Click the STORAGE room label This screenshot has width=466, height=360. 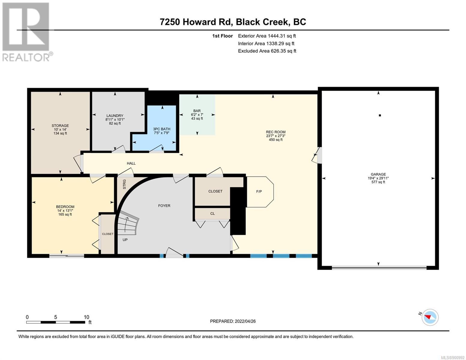pos(60,126)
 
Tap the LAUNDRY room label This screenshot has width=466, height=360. pos(115,116)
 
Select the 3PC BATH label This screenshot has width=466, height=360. pos(161,129)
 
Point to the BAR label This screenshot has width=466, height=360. pos(197,111)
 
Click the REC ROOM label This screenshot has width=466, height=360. pos(275,132)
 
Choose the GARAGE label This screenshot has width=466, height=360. pos(378,174)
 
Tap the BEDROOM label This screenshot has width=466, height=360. pos(65,207)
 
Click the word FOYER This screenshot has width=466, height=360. pos(164,205)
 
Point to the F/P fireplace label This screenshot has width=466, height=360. pos(259,191)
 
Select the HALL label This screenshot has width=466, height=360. pos(131,163)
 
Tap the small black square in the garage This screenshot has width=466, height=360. pos(380,115)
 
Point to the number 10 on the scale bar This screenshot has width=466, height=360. pos(86,317)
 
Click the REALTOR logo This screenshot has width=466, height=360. pos(27,32)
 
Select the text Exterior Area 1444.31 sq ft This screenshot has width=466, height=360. pos(267,36)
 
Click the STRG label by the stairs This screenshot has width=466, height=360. pos(125,184)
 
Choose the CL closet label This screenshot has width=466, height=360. pos(212,214)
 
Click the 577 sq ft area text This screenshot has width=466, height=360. pos(378,182)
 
